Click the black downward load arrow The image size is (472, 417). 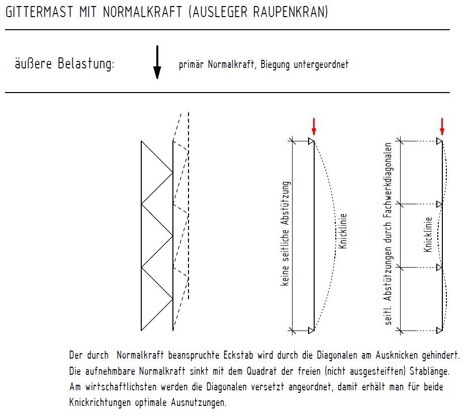157,62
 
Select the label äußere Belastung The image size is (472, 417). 64,64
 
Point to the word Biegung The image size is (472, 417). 277,65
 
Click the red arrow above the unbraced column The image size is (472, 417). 314,126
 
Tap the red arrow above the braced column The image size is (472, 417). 442,126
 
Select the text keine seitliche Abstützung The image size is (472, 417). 286,234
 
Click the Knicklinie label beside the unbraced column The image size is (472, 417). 344,232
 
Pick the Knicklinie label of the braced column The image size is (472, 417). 428,234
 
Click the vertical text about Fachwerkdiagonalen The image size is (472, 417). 388,234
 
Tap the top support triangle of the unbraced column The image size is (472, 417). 311,142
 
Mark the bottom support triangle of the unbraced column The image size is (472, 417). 311,330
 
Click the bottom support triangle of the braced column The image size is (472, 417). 440,330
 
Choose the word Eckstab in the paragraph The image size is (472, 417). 239,355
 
